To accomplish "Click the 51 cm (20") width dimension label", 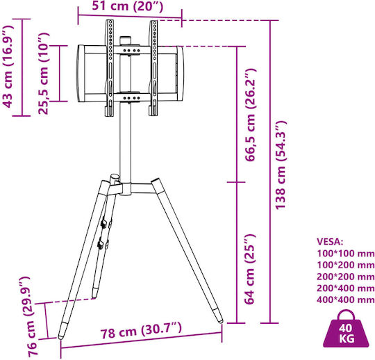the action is pos(128,6).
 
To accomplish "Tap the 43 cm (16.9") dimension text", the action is pos(8,66).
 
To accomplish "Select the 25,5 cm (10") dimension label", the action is pos(44,74).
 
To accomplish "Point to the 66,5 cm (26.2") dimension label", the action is pos(250,115).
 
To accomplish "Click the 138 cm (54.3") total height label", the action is pos(281,165).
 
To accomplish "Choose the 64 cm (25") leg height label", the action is pos(249,269).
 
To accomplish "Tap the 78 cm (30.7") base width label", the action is pos(141,330).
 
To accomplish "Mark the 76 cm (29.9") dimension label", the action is pos(29,316).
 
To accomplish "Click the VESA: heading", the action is pos(330,242).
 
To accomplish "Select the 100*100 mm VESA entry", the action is pos(346,253).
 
